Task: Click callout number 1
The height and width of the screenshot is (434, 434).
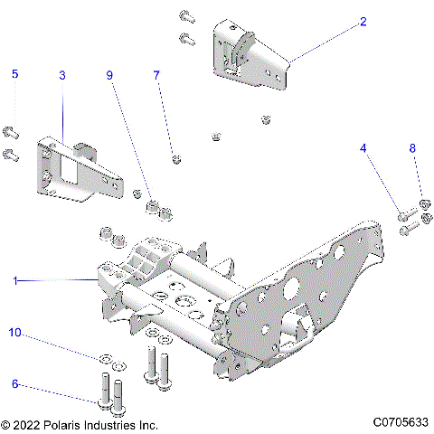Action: [x=14, y=281]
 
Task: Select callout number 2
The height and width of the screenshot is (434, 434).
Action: [x=363, y=22]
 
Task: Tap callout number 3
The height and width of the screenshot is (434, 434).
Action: [x=61, y=75]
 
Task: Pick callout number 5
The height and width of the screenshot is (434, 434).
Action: [x=14, y=75]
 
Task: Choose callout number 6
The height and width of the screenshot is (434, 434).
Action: [x=14, y=383]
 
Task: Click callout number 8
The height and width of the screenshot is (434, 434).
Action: [x=413, y=147]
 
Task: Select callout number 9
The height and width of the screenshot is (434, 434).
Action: [x=110, y=75]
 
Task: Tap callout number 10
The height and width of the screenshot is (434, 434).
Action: [x=14, y=334]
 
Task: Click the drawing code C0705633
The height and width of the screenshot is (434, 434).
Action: [x=399, y=423]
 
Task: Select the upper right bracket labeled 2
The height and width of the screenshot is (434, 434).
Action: [x=249, y=57]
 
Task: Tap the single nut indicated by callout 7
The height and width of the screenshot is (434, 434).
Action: [x=174, y=160]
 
